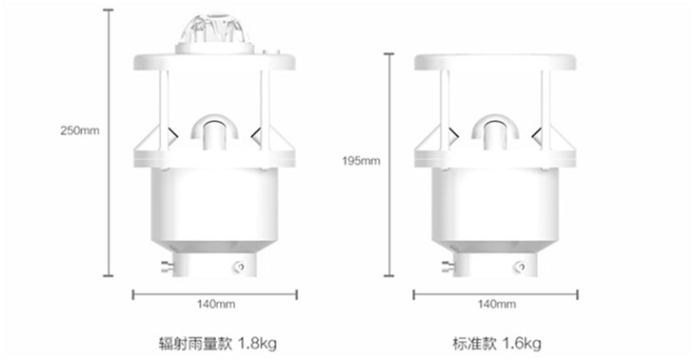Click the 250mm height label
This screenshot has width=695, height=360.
[80, 130]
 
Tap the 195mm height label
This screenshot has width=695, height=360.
[361, 161]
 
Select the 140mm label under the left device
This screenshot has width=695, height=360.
[216, 304]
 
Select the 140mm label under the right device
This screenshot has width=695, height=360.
[496, 304]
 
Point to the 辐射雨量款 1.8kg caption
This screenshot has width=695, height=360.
[218, 343]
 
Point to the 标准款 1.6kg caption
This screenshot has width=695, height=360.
[496, 343]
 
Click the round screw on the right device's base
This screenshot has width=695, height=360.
[521, 267]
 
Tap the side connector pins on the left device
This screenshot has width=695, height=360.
[167, 267]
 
